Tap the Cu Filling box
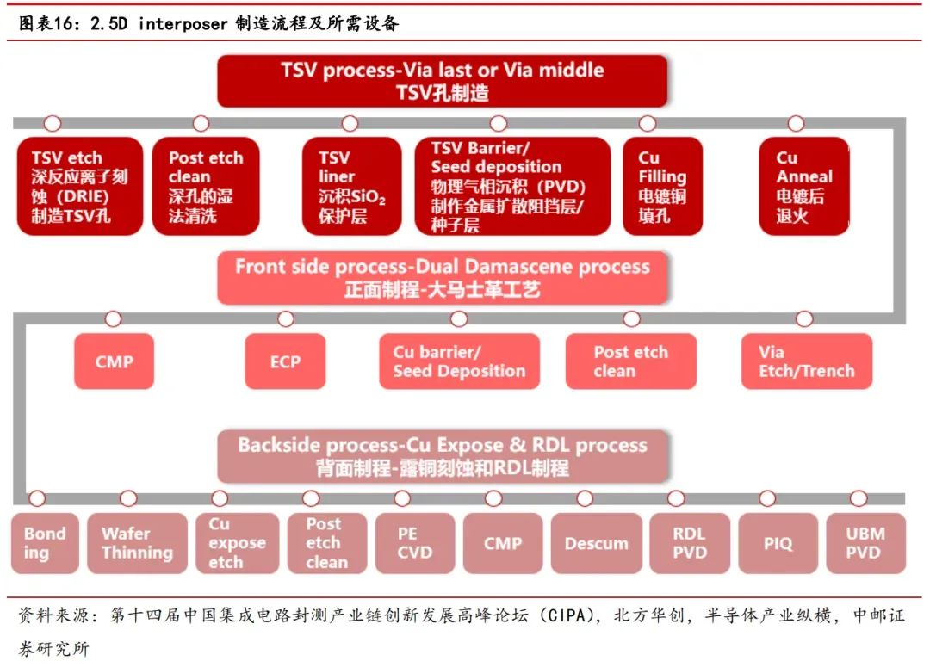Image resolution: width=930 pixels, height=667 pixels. pos(662,186)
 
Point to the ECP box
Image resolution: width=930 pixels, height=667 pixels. pos(285,361)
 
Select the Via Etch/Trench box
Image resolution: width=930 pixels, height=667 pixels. pos(806,361)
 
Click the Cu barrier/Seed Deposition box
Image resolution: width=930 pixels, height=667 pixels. pos(459,361)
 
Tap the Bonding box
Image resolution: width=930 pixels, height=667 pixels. pos(44,543)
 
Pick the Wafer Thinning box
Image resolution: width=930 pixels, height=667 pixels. pos(137,543)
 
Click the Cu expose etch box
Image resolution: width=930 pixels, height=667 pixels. pos(237,543)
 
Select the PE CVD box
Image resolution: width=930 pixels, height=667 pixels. pos(414,543)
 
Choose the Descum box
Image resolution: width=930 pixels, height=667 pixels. pos(596,543)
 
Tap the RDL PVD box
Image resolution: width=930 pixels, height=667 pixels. pos(689,543)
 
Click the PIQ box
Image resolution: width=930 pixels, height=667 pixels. pos(778,543)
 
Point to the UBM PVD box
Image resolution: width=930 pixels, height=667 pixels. pos(865,543)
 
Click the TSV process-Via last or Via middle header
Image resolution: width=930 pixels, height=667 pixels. pos(442,81)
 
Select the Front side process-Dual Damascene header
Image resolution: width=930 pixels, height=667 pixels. pos(442,277)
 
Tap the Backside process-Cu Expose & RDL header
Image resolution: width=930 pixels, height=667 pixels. pos(442,456)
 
